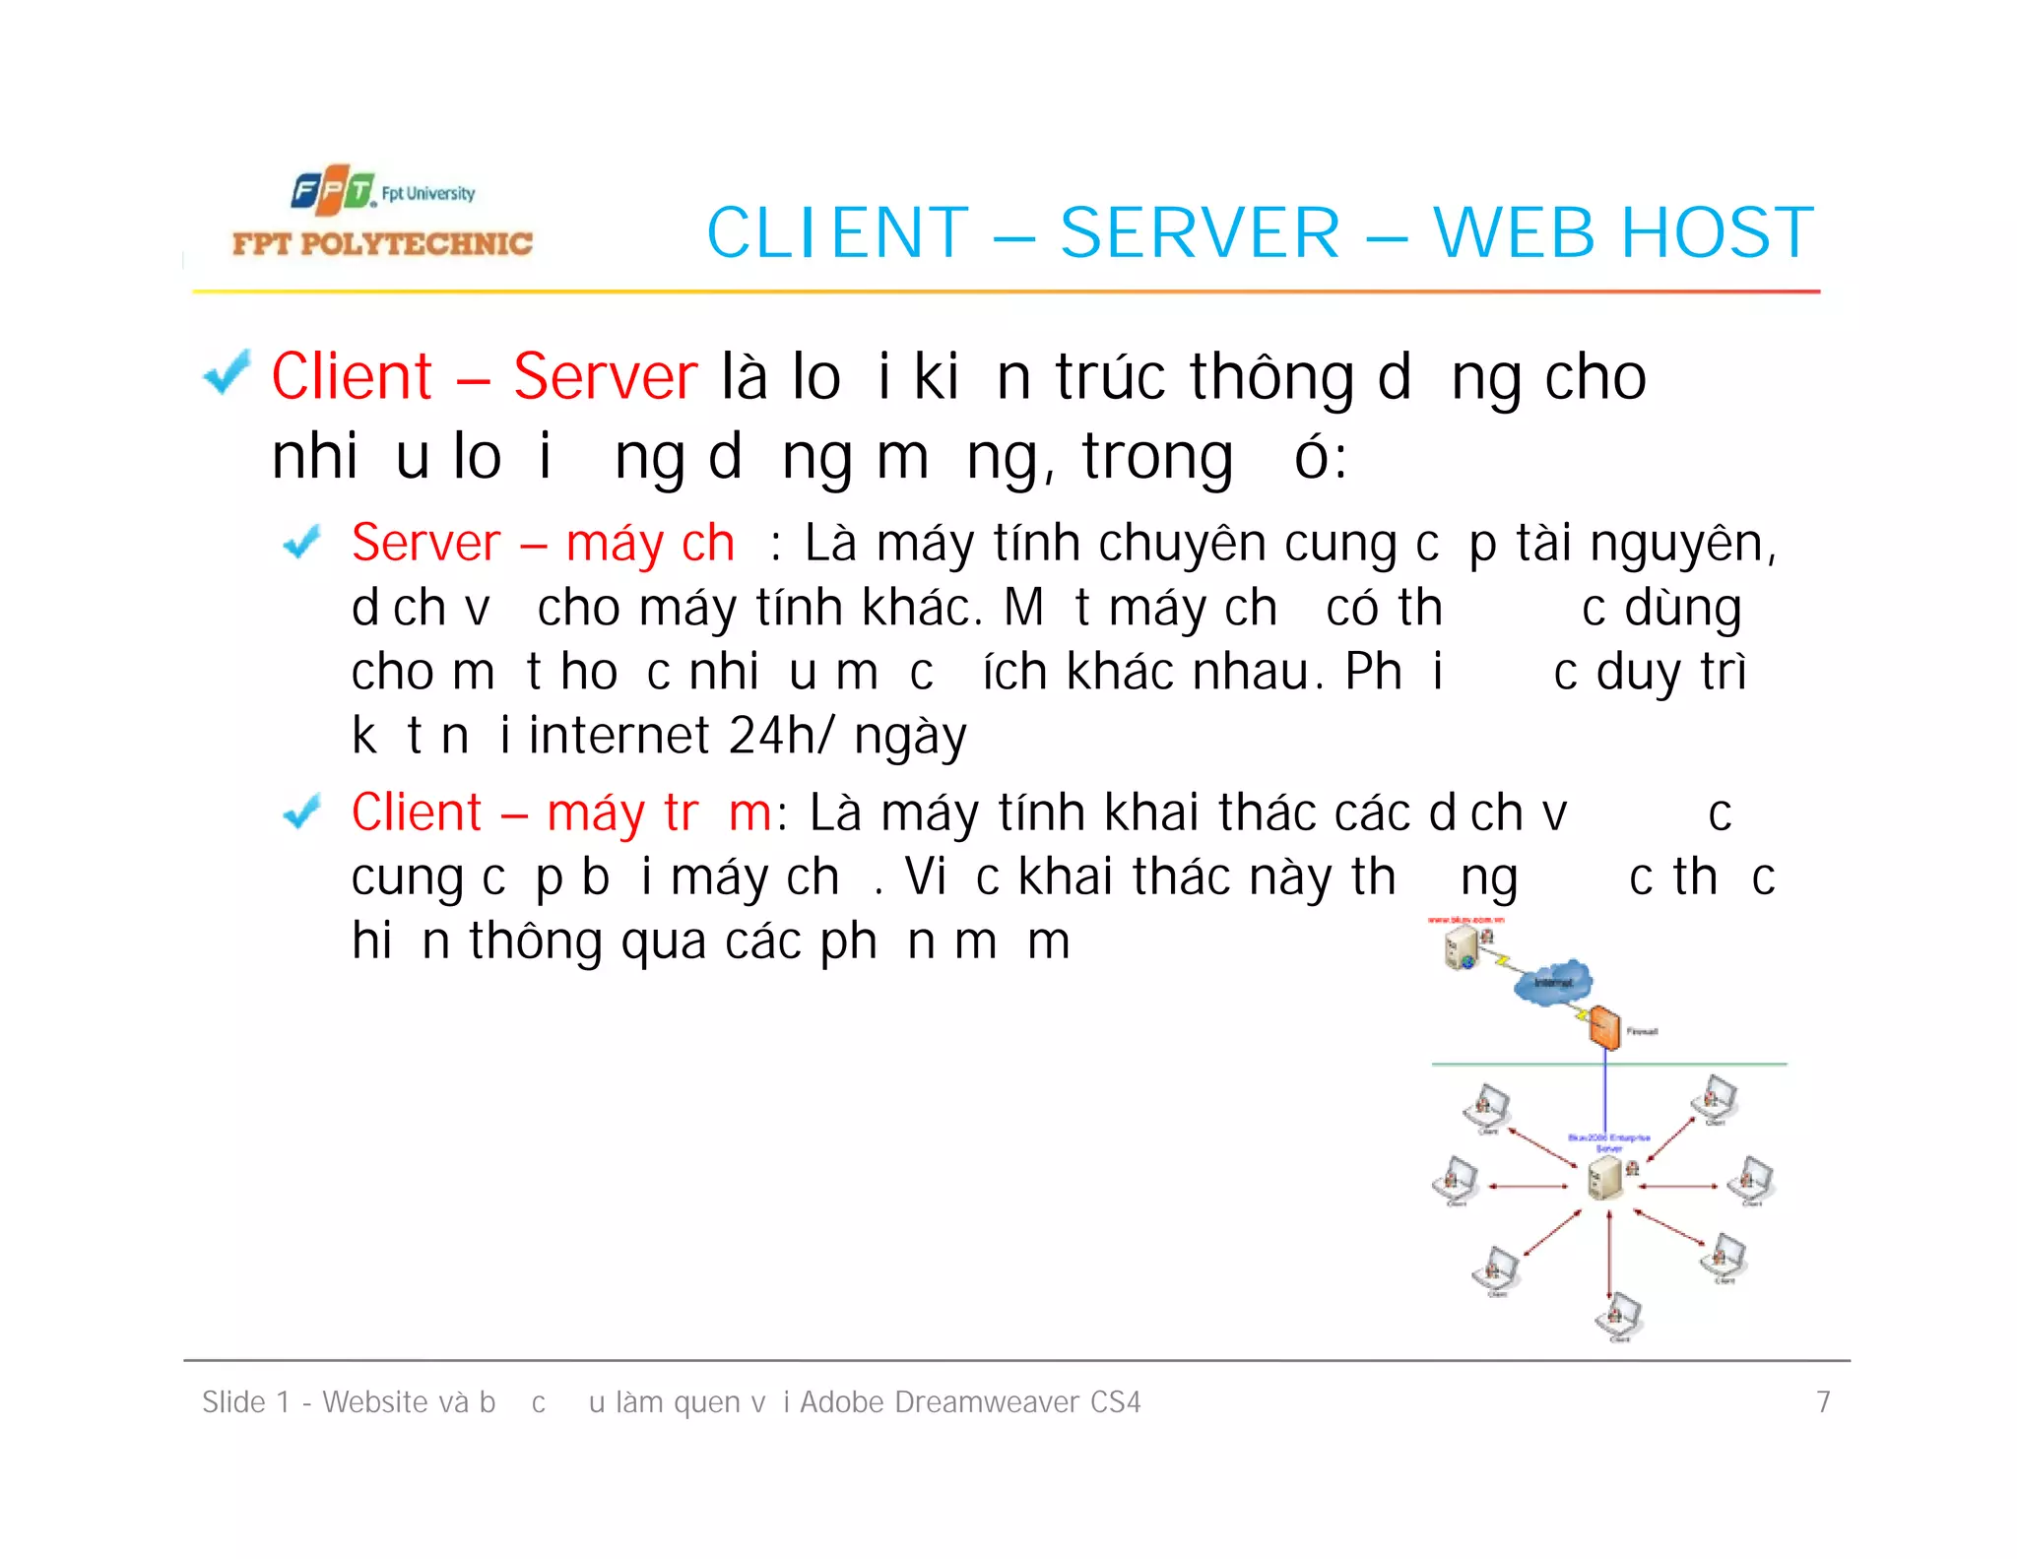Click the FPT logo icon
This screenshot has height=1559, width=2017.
pos(333,191)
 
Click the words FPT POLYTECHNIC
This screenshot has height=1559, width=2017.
pos(382,243)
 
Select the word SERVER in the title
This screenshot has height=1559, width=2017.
pos(1200,233)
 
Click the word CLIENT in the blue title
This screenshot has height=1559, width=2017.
pos(838,233)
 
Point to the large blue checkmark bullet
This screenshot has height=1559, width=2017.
pos(227,373)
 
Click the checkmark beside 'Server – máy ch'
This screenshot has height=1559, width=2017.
pos(301,543)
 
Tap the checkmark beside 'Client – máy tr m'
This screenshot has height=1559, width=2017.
pos(301,812)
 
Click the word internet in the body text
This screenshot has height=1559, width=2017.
pos(618,736)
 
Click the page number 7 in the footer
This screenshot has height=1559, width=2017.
pos(1823,1401)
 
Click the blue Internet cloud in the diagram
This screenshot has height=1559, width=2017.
pos(1553,981)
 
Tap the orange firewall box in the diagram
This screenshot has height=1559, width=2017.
pos(1604,1028)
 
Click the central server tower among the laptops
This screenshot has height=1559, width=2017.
pos(1605,1178)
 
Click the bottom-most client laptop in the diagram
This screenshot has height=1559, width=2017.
pos(1618,1315)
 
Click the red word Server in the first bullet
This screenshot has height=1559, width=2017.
pos(605,376)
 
